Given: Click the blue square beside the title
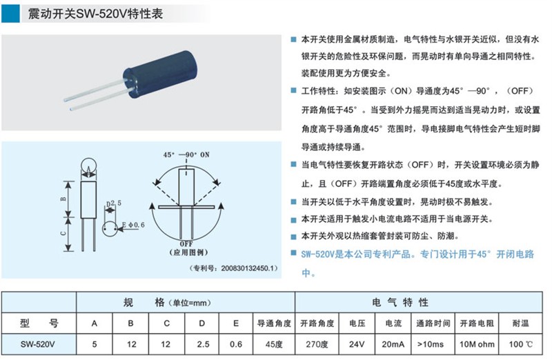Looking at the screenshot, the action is (x=10, y=14).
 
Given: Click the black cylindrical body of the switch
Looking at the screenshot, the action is (x=161, y=75).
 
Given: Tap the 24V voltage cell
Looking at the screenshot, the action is (x=357, y=344).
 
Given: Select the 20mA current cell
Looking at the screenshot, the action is (x=393, y=344).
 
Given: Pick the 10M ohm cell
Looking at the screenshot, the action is (x=477, y=344).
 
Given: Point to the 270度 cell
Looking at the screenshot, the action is (x=317, y=344).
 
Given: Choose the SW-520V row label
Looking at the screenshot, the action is (x=38, y=344).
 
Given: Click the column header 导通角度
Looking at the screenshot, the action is (x=274, y=323).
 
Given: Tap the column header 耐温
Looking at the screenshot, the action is (x=521, y=323).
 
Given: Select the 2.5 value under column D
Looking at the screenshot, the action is (x=203, y=344).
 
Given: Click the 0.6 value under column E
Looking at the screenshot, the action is (x=236, y=344).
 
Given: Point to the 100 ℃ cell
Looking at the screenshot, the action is (x=521, y=344).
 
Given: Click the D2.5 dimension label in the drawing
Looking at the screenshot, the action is (x=114, y=203).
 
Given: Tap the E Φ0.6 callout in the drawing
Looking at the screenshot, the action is (x=133, y=225).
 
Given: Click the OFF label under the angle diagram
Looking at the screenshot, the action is (x=186, y=244).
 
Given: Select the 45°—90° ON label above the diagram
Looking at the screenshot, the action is (x=186, y=155).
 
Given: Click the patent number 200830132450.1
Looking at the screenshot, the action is (x=248, y=268).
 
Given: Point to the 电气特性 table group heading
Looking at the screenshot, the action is (x=400, y=303).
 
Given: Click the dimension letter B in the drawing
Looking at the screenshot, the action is (x=63, y=199).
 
